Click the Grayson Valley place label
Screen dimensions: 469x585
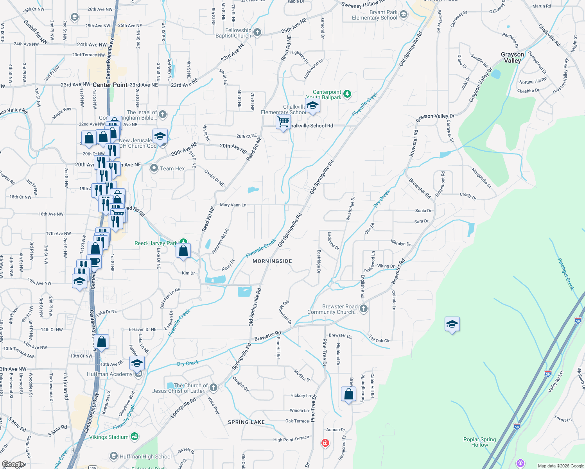coord(512,57)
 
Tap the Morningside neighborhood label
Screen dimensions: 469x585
coord(272,261)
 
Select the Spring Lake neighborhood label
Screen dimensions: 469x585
coord(246,422)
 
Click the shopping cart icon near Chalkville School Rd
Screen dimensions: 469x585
coord(283,122)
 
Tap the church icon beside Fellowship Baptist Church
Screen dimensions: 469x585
coord(257,32)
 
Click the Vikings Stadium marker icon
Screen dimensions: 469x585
coord(135,436)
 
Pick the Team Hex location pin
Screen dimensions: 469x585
coord(154,168)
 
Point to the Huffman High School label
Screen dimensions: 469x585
coord(145,456)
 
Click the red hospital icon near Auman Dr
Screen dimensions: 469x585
coord(325,443)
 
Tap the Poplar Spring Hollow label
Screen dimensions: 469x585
coord(479,442)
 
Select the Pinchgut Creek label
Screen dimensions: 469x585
coord(566,274)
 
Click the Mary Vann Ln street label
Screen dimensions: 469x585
coord(233,205)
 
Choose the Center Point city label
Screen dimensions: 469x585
coord(110,85)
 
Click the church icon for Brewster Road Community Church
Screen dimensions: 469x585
coord(364,309)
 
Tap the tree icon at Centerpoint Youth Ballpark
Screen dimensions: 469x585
coord(347,94)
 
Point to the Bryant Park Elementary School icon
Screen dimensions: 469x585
coord(404,14)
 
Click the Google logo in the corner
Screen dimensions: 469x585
coord(13,464)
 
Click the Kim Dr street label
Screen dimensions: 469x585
coord(188,273)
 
